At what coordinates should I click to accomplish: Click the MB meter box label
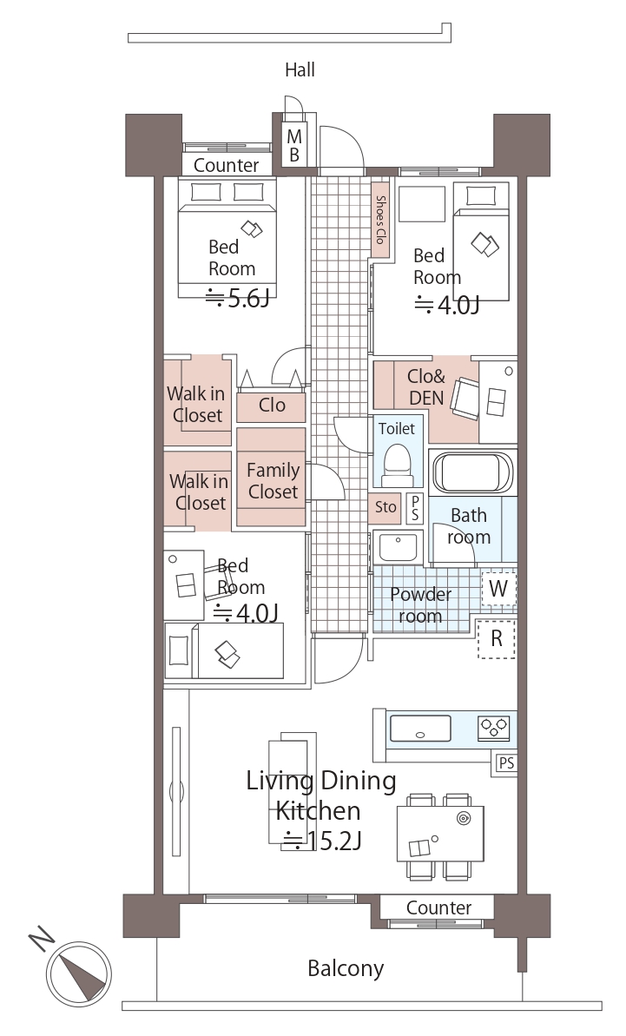[293, 145]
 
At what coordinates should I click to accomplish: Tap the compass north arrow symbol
[78, 973]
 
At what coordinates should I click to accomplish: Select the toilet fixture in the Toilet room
[397, 463]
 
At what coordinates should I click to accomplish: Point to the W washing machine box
[498, 588]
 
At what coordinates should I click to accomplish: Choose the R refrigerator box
[497, 639]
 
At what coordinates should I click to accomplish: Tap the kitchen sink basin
[420, 728]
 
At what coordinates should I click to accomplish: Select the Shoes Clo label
[380, 220]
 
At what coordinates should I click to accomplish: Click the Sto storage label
[385, 507]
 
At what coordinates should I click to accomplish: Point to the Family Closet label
[273, 481]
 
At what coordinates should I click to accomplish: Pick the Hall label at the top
[300, 69]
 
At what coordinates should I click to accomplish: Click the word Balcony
[346, 968]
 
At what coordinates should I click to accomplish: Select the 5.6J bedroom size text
[238, 299]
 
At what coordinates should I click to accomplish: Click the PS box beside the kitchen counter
[506, 763]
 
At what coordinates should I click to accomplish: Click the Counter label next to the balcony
[439, 907]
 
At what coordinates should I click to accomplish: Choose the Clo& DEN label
[426, 386]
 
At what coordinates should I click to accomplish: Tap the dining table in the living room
[440, 834]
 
